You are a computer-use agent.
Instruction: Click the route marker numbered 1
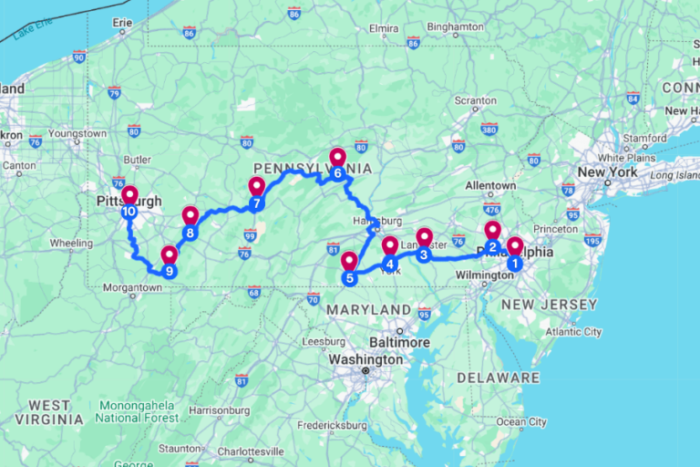point(514,264)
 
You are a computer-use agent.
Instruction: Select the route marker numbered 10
point(129,212)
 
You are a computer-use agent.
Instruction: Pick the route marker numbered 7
point(256,202)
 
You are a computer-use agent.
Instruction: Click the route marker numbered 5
point(348,277)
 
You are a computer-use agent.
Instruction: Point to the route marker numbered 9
point(169,271)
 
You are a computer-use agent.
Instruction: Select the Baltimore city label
point(400,342)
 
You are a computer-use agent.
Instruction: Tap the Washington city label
point(365,359)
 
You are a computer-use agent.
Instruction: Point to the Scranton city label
point(475,99)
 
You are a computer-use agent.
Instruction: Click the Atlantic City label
point(572,332)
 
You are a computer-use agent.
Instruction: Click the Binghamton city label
point(454,27)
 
